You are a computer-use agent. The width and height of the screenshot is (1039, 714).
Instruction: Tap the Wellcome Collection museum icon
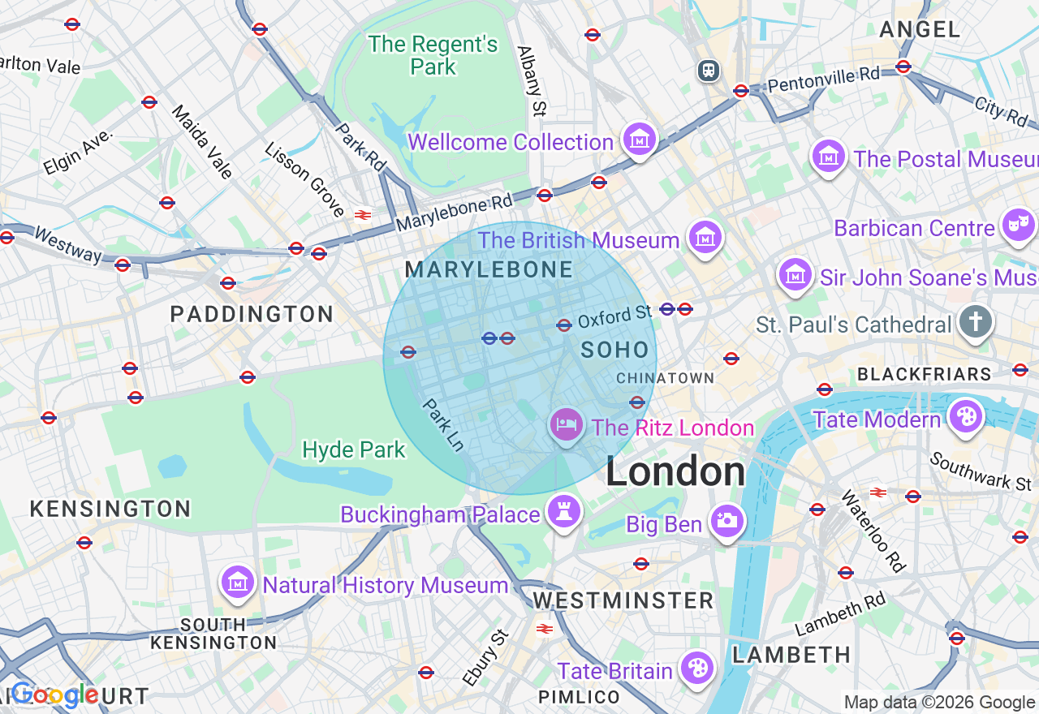[639, 140]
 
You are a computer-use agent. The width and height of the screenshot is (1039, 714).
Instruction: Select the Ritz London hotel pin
[567, 424]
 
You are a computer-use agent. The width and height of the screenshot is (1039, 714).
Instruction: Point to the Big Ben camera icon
[726, 521]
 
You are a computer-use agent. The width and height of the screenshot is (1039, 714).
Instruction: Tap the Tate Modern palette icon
[965, 417]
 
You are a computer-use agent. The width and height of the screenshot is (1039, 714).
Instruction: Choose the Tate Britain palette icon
[696, 668]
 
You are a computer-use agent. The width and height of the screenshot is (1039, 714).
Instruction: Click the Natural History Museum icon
[238, 582]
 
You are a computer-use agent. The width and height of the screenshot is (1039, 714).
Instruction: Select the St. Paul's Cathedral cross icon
[975, 322]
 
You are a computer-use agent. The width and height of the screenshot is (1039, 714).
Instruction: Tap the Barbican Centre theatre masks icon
[1018, 225]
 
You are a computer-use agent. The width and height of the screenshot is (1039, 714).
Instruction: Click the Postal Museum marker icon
[829, 156]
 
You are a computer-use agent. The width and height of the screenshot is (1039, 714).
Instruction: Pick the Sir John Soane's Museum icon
[795, 275]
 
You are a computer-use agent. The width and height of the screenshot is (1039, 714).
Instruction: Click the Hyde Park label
[353, 449]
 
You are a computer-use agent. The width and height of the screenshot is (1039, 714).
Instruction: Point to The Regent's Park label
[433, 55]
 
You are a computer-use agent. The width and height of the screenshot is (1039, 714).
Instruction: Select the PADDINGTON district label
[252, 314]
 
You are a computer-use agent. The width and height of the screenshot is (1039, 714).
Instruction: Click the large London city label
[675, 472]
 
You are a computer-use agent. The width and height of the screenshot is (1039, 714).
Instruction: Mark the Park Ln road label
[443, 424]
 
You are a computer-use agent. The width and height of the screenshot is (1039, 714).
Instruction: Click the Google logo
[54, 695]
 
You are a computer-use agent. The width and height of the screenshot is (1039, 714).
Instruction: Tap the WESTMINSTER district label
[623, 600]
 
